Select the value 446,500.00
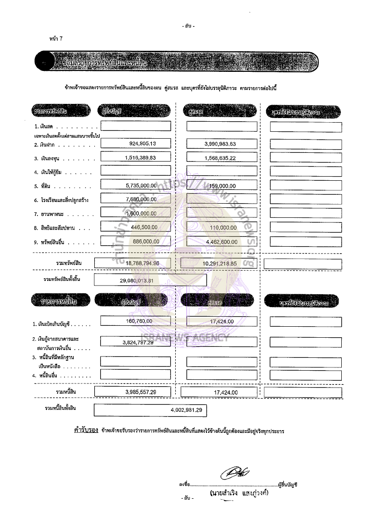coord(144,227)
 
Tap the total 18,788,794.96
coord(139,263)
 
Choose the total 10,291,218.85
coord(218,264)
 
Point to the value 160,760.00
coord(139,321)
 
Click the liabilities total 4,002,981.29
coord(186,410)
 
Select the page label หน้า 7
coord(55,38)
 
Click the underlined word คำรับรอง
coord(86,431)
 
